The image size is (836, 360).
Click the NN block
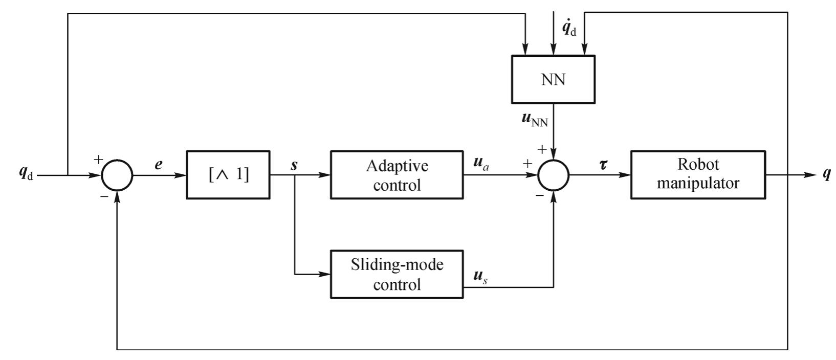553,79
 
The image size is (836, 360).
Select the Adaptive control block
397,175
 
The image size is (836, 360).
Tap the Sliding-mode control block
397,274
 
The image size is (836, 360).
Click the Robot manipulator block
698,174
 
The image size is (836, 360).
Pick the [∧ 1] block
228,175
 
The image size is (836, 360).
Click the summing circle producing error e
117,175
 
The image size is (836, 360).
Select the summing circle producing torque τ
553,175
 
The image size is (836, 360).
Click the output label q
826,174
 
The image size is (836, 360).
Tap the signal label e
159,165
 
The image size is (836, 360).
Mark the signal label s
294,165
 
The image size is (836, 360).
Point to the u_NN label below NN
534,120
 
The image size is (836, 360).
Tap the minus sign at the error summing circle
104,196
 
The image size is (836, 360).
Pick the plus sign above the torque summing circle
542,149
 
